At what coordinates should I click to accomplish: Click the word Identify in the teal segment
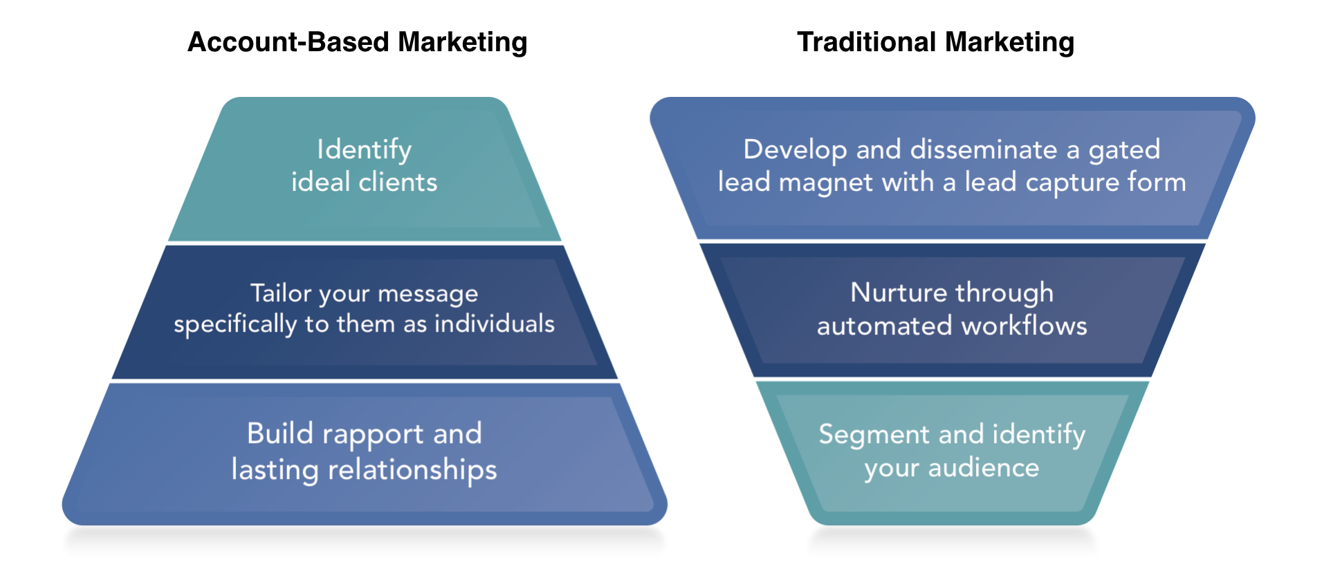[364, 150]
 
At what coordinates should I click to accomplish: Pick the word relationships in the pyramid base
[412, 470]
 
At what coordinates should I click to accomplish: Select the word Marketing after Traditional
[1009, 42]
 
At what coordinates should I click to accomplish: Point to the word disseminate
[984, 149]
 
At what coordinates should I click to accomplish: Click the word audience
[984, 468]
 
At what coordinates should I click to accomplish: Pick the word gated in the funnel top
[1125, 150]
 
